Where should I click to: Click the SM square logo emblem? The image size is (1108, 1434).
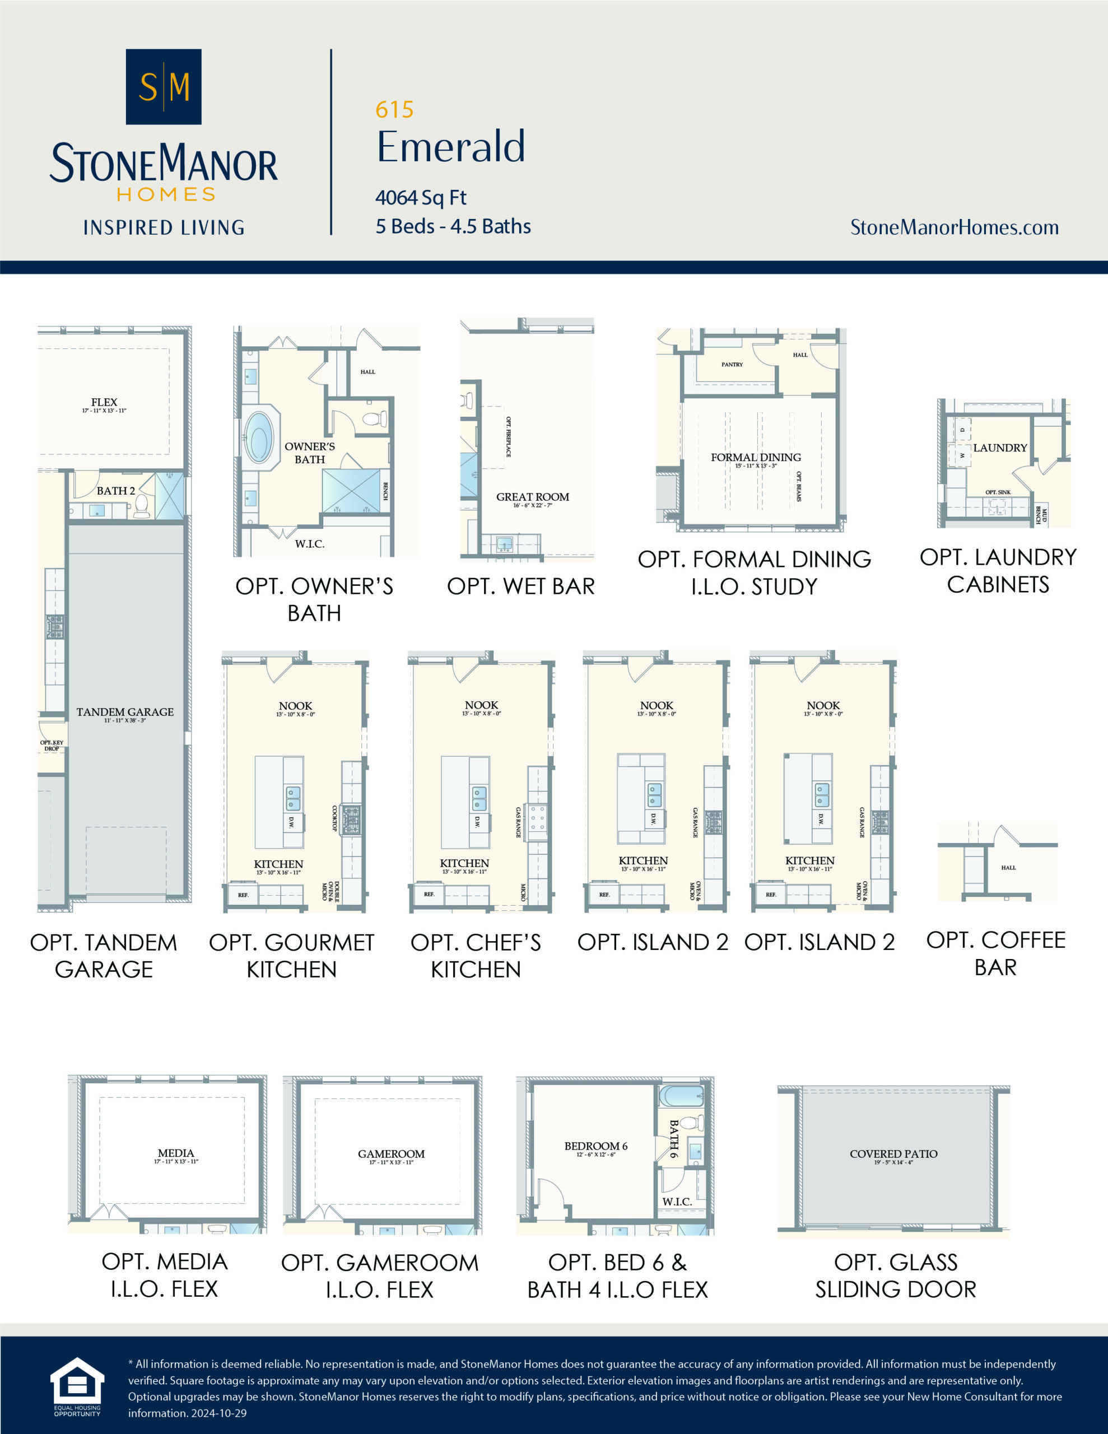[163, 86]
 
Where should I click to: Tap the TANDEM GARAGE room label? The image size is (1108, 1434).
[125, 712]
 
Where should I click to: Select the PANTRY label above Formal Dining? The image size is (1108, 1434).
[732, 365]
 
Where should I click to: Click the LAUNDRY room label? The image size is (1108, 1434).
[1000, 448]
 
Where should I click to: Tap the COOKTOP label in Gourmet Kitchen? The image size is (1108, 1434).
[334, 819]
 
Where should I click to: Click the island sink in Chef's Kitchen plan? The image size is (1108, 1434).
[479, 798]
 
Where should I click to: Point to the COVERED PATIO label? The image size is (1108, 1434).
[893, 1153]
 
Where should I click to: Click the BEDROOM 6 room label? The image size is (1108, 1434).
[595, 1146]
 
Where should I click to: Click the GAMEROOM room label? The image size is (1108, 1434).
[391, 1153]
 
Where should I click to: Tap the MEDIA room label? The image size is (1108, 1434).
[175, 1153]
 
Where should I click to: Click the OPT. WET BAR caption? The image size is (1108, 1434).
[520, 586]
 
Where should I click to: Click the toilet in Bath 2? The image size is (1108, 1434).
[141, 506]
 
